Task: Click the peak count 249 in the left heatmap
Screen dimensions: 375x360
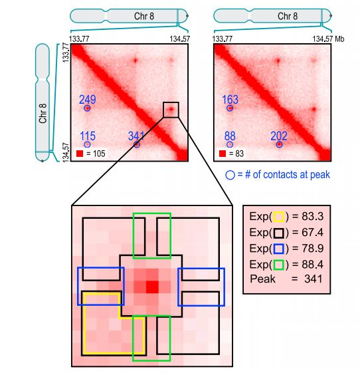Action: (87, 100)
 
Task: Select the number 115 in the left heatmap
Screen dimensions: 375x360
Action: (87, 136)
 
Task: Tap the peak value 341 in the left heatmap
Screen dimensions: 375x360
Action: (136, 136)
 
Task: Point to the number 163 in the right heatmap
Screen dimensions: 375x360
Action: (230, 100)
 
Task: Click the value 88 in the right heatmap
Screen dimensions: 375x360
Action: (230, 136)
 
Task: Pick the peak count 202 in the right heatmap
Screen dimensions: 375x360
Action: (279, 136)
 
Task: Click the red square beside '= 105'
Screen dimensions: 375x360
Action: (80, 154)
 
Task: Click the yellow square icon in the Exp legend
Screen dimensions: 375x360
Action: (279, 217)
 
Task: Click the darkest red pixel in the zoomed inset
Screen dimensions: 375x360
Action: (152, 287)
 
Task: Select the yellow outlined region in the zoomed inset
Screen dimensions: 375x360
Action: (100, 326)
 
